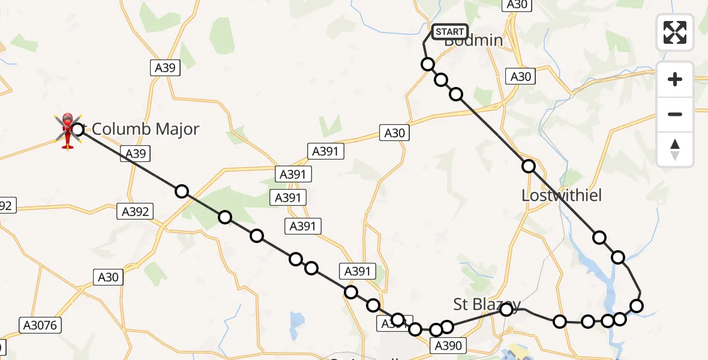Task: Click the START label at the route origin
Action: (x=449, y=31)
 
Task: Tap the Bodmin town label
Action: (x=473, y=41)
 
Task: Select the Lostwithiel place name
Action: (x=562, y=196)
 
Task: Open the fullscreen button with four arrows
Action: (x=675, y=32)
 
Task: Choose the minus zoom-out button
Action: (x=675, y=114)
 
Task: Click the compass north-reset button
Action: (x=675, y=149)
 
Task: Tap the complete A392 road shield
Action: (x=135, y=211)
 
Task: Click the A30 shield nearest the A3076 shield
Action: (x=108, y=277)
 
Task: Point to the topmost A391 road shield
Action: (x=326, y=151)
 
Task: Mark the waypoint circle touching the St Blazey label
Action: (x=506, y=309)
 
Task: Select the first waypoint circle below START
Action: (x=428, y=64)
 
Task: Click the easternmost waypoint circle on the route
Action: (x=637, y=307)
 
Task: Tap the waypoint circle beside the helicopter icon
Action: (x=77, y=129)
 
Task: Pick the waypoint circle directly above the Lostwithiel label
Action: (x=528, y=166)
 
